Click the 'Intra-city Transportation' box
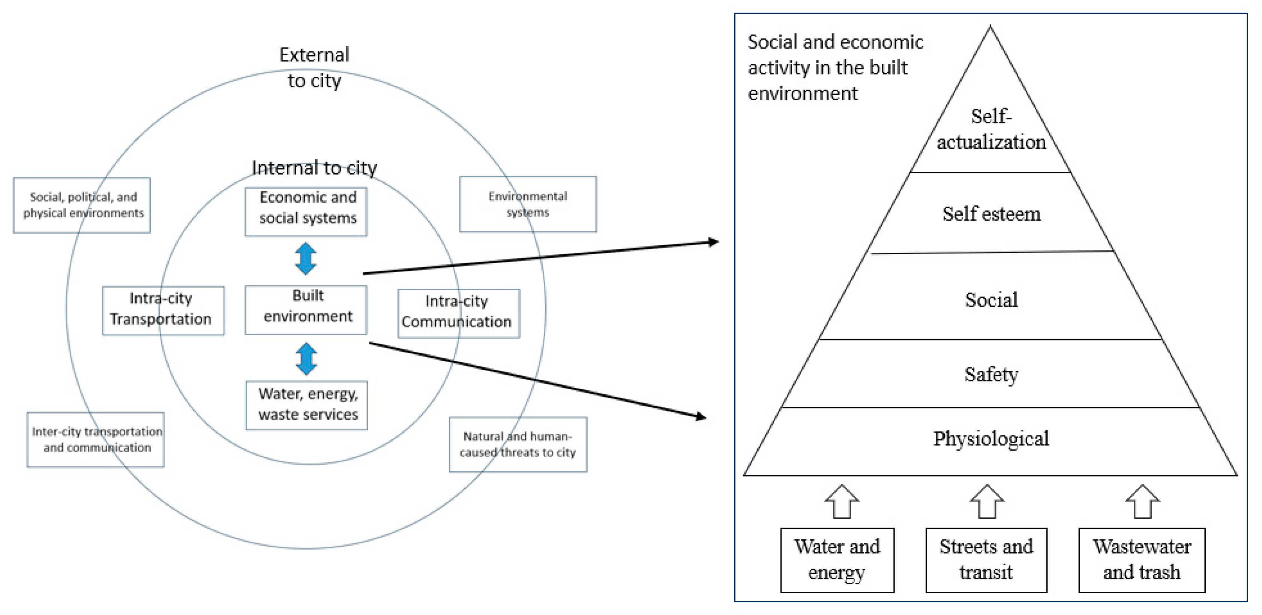click(163, 310)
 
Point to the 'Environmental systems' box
click(528, 204)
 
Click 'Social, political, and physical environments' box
click(82, 205)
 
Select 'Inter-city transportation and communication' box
click(96, 439)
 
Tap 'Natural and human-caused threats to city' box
click(518, 444)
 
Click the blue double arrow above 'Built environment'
click(306, 258)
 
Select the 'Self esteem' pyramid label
click(991, 214)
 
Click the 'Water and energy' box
click(837, 559)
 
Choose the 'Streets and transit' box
click(986, 559)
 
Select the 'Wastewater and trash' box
click(1142, 559)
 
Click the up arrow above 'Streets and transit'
click(987, 501)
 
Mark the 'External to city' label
click(314, 67)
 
